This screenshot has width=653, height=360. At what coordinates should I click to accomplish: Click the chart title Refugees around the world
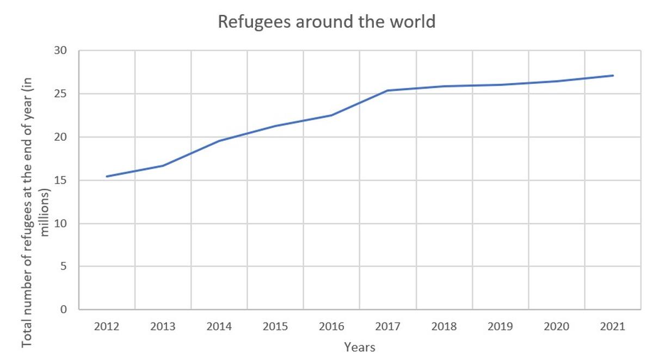(326, 22)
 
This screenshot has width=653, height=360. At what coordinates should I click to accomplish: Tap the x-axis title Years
(359, 346)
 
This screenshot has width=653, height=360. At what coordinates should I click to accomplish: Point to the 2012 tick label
(107, 326)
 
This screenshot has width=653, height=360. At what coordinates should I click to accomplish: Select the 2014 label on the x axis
(219, 326)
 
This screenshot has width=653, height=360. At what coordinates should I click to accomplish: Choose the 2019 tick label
(500, 326)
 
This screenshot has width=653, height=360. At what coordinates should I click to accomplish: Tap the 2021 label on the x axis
(612, 326)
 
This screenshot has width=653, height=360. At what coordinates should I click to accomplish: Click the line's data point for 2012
(107, 176)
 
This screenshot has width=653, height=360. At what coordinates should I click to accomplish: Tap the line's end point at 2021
(613, 76)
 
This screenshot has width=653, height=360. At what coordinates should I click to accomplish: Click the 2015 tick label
(275, 326)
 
